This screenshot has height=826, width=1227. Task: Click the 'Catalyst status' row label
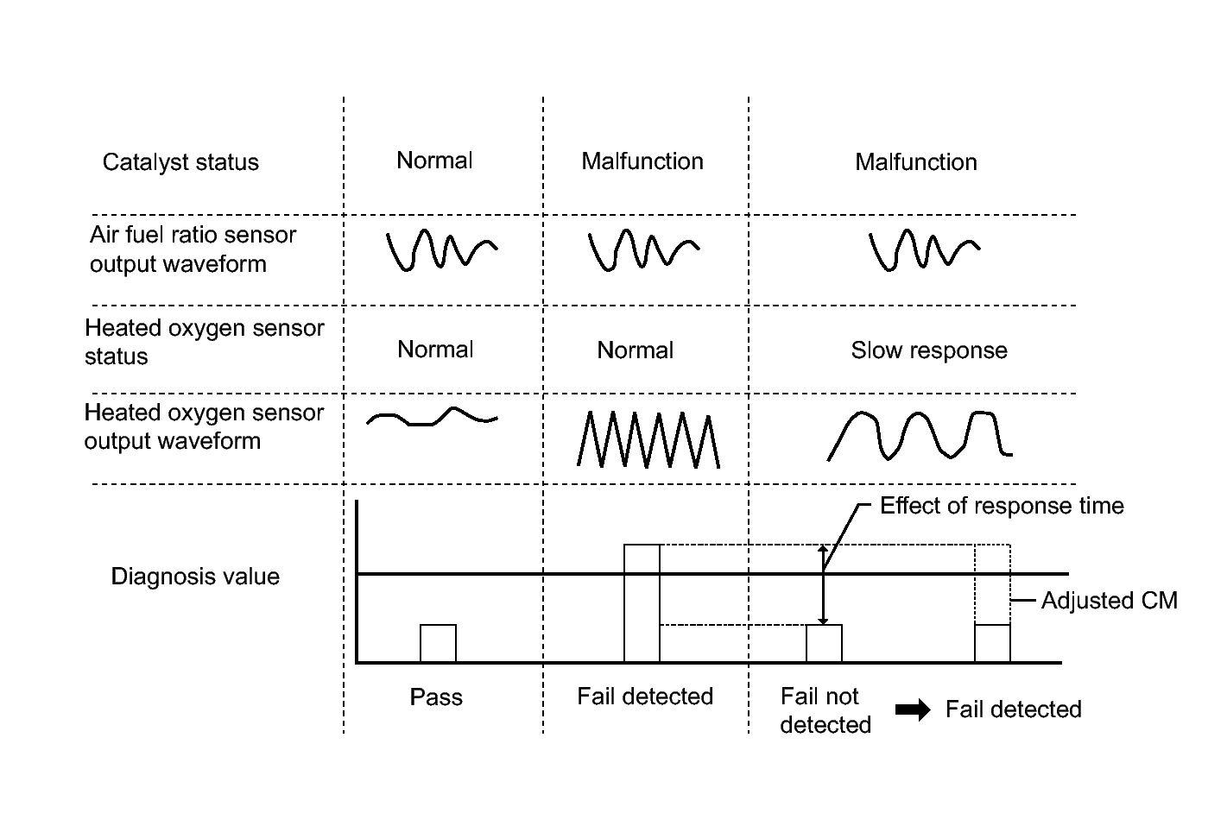point(180,162)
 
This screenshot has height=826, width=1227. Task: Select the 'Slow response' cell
point(929,351)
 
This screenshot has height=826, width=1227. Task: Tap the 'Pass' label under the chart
point(436,697)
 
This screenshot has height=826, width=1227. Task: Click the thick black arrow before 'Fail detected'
point(913,710)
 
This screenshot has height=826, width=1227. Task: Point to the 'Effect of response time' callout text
point(1002,506)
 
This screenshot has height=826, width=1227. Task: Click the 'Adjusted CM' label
point(1110,601)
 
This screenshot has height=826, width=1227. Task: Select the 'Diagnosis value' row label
point(195,577)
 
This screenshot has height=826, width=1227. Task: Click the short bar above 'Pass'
point(439,643)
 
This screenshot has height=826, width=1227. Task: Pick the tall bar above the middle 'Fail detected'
point(642,603)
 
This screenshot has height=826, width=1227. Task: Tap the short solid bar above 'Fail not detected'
point(824,643)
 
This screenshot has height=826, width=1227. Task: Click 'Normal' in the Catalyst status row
point(434,161)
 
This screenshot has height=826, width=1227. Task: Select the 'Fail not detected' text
point(825,711)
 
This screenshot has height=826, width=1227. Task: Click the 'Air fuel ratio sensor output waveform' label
point(193,249)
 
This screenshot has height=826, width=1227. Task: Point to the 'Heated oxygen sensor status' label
point(205,342)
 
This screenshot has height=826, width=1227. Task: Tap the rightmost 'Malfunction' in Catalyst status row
point(916,162)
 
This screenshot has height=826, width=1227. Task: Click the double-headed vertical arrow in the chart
point(823,584)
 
